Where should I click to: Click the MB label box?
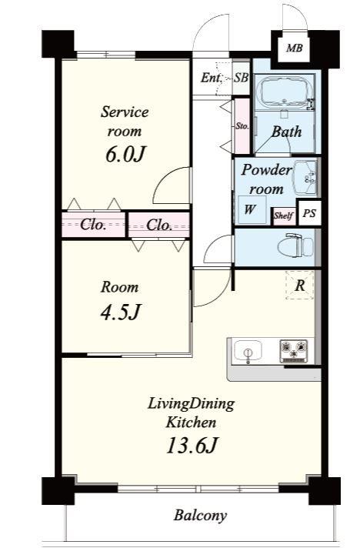[x=295, y=48]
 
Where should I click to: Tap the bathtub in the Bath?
[x=285, y=92]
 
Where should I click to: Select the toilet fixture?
[x=296, y=245]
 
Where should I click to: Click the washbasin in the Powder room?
[x=305, y=177]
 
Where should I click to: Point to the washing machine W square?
[x=251, y=210]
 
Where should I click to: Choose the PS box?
[x=309, y=212]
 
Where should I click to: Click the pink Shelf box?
[x=284, y=216]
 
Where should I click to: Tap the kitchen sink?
[x=248, y=351]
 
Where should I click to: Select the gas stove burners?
[x=294, y=350]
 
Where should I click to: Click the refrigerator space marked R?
[x=299, y=285]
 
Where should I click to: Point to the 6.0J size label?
[x=125, y=155]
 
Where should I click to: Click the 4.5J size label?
[x=121, y=312]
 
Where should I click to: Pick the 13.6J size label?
[x=192, y=445]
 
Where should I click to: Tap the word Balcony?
[x=200, y=516]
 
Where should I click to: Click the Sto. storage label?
[x=242, y=126]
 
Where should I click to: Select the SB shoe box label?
[x=241, y=78]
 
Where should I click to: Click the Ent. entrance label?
[x=211, y=78]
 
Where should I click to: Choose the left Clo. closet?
[x=93, y=225]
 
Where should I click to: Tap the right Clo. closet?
[x=158, y=225]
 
